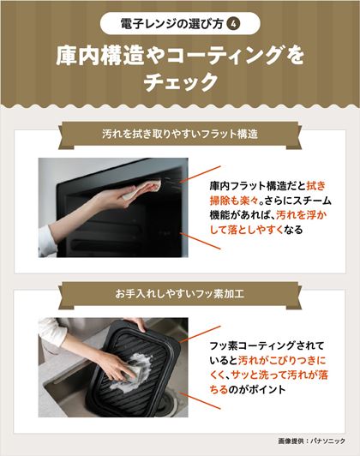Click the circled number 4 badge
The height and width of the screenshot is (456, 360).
coord(233,24)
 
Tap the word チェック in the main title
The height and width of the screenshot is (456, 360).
coord(181,82)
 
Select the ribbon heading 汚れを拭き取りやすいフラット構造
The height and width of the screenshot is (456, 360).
coord(180,134)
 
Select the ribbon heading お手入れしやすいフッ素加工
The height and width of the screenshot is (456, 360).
coord(180,294)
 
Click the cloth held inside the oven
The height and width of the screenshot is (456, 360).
coord(142,189)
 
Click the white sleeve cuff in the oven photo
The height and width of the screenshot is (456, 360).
coord(46,242)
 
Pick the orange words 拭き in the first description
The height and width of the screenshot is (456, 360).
coord(316,186)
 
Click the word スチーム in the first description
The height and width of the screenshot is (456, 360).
coord(312,201)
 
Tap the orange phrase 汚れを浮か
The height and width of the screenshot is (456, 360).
coord(301,215)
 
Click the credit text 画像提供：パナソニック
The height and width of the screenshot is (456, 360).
coord(311,441)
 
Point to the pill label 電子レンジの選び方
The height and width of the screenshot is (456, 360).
coord(171,24)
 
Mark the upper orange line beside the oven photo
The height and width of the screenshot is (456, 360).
coord(200,174)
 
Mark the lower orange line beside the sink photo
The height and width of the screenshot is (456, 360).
coord(200,400)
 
